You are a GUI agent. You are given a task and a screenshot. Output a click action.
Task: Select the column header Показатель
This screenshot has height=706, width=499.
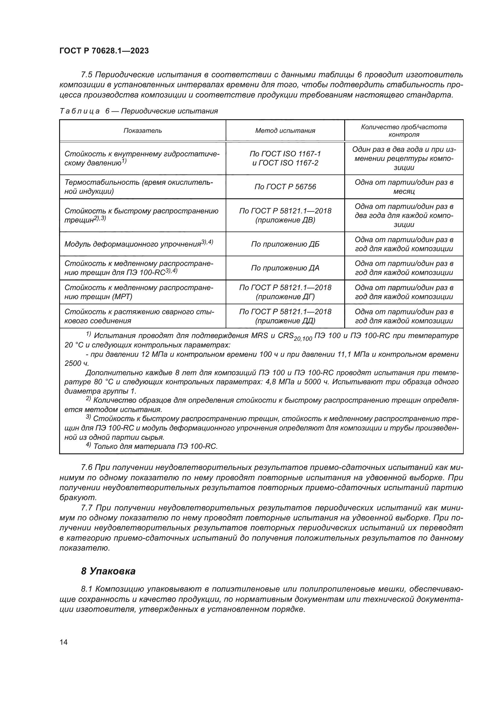[x=143, y=131]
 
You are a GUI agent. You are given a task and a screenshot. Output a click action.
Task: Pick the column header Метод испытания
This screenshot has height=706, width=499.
[x=285, y=131]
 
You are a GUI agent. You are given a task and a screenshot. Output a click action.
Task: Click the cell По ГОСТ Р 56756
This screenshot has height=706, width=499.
[x=285, y=187]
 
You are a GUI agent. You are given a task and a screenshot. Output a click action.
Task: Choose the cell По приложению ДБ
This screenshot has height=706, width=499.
[x=285, y=244]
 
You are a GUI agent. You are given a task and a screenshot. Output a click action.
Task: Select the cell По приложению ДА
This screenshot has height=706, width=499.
[x=285, y=268]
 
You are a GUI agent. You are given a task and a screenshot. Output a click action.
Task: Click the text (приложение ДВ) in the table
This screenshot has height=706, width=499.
[x=285, y=220]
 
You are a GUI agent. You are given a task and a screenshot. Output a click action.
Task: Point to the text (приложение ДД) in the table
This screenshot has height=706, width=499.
[x=285, y=321]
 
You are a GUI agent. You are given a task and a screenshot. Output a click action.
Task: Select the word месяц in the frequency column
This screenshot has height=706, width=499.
[x=404, y=192]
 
